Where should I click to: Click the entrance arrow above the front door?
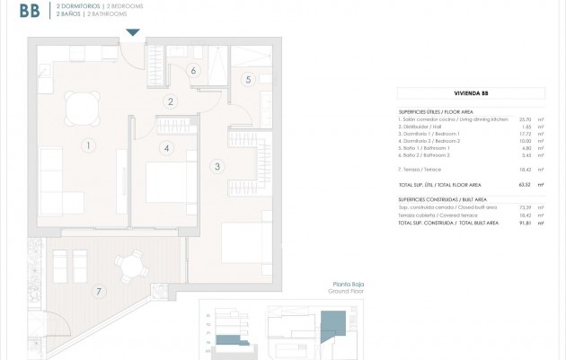pyautogui.click(x=133, y=33)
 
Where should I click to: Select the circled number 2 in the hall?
pyautogui.click(x=171, y=101)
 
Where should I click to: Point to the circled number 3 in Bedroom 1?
pyautogui.click(x=217, y=165)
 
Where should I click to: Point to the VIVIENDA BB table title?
pyautogui.click(x=470, y=92)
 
